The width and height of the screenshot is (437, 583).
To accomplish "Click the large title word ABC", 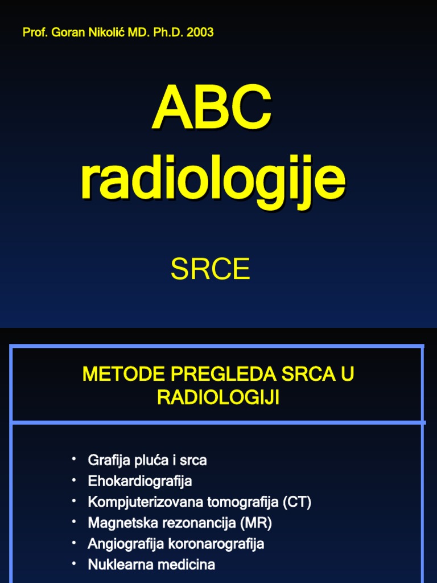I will point(212,109).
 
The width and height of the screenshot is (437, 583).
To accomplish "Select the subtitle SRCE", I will point(210,270).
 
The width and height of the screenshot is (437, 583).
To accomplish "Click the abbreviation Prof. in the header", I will point(35,32).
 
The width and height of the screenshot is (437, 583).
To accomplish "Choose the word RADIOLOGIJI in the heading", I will point(218,398).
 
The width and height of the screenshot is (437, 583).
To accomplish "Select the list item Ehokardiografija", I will point(139,481).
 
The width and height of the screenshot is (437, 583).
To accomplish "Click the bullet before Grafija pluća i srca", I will point(73,458).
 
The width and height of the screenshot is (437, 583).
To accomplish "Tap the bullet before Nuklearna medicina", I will point(73,564).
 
